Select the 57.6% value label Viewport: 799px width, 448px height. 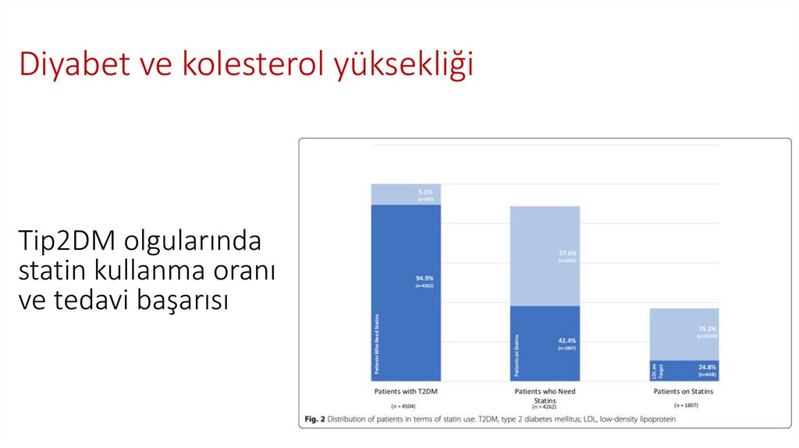(x=567, y=253)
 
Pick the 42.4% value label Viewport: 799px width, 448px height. (x=567, y=340)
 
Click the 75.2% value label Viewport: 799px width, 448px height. (x=708, y=329)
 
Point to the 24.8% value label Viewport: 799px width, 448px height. (x=708, y=367)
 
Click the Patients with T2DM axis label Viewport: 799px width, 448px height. (x=406, y=390)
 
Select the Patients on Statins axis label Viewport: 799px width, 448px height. (x=684, y=390)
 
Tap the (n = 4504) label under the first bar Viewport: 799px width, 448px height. (x=406, y=407)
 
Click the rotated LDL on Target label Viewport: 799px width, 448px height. (x=656, y=370)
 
